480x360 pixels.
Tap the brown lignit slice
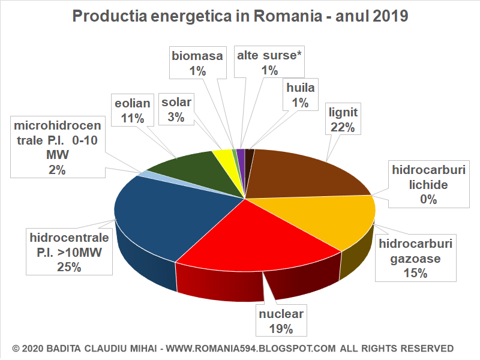pyautogui.click(x=300, y=174)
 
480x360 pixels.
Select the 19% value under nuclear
pyautogui.click(x=281, y=328)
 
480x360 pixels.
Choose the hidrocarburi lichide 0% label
pyautogui.click(x=428, y=184)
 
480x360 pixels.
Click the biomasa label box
pyautogui.click(x=197, y=63)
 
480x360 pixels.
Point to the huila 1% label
pyautogui.click(x=301, y=95)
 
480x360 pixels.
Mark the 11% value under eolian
pyautogui.click(x=132, y=118)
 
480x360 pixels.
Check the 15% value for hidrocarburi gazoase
pyautogui.click(x=415, y=274)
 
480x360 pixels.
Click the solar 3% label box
pyautogui.click(x=176, y=109)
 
